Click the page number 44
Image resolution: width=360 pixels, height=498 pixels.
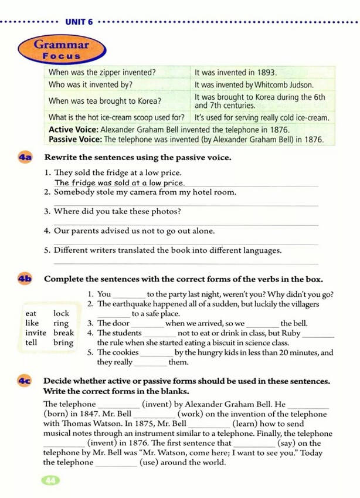click(x=50, y=480)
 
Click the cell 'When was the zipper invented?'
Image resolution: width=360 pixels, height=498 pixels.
click(x=101, y=73)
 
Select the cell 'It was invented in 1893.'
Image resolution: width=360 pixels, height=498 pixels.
click(x=235, y=73)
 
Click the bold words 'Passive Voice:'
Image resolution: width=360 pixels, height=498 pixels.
click(x=75, y=140)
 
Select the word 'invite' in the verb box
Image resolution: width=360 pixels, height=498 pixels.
click(x=36, y=333)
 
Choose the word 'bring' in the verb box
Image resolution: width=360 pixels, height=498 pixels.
click(x=63, y=343)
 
